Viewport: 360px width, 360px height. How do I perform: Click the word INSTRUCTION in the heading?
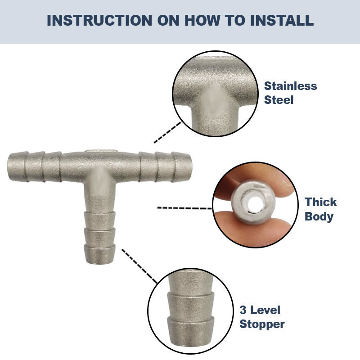click(x=99, y=20)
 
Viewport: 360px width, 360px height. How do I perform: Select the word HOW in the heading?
click(x=202, y=20)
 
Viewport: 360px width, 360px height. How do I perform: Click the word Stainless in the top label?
click(x=290, y=86)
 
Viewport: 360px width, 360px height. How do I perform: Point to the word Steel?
click(x=279, y=100)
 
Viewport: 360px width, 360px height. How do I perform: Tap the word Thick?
click(x=321, y=202)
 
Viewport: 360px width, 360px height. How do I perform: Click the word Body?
click(x=319, y=216)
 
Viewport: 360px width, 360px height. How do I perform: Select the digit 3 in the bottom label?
click(x=243, y=310)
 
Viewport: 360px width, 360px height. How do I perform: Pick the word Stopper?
click(x=262, y=324)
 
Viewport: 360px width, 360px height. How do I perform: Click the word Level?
click(x=265, y=310)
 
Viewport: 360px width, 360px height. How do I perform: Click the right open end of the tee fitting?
click(x=190, y=166)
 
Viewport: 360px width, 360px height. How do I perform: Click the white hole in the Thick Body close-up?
click(x=254, y=203)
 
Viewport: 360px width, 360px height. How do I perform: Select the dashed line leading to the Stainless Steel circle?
click(x=167, y=132)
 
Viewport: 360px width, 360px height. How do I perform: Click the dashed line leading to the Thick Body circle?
click(x=184, y=208)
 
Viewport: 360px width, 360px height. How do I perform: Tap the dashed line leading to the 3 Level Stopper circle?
click(x=139, y=266)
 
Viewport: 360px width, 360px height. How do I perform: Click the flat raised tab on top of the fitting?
click(x=101, y=151)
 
